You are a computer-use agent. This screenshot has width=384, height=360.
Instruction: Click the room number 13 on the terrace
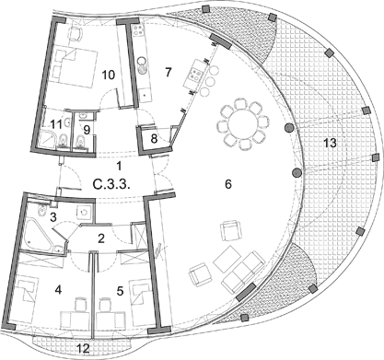(330, 143)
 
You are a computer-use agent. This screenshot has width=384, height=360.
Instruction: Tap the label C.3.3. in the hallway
(112, 184)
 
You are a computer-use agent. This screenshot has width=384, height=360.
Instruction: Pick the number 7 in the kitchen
(168, 73)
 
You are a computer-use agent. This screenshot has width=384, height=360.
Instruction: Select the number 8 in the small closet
(154, 138)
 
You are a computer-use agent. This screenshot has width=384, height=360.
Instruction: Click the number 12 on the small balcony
(83, 348)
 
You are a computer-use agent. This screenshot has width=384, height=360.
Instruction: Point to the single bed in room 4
(25, 298)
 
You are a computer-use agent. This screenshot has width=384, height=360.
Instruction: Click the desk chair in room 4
(80, 304)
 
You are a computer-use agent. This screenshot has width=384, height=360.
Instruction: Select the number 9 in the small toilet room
(87, 130)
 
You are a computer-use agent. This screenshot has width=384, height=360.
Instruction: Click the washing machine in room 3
(84, 212)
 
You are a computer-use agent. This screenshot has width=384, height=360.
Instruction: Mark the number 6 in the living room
(228, 184)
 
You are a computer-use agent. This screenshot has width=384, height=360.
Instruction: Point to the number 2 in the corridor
(101, 238)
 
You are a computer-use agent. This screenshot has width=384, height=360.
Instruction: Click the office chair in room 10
(76, 33)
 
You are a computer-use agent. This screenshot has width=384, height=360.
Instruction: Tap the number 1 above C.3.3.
(119, 166)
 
